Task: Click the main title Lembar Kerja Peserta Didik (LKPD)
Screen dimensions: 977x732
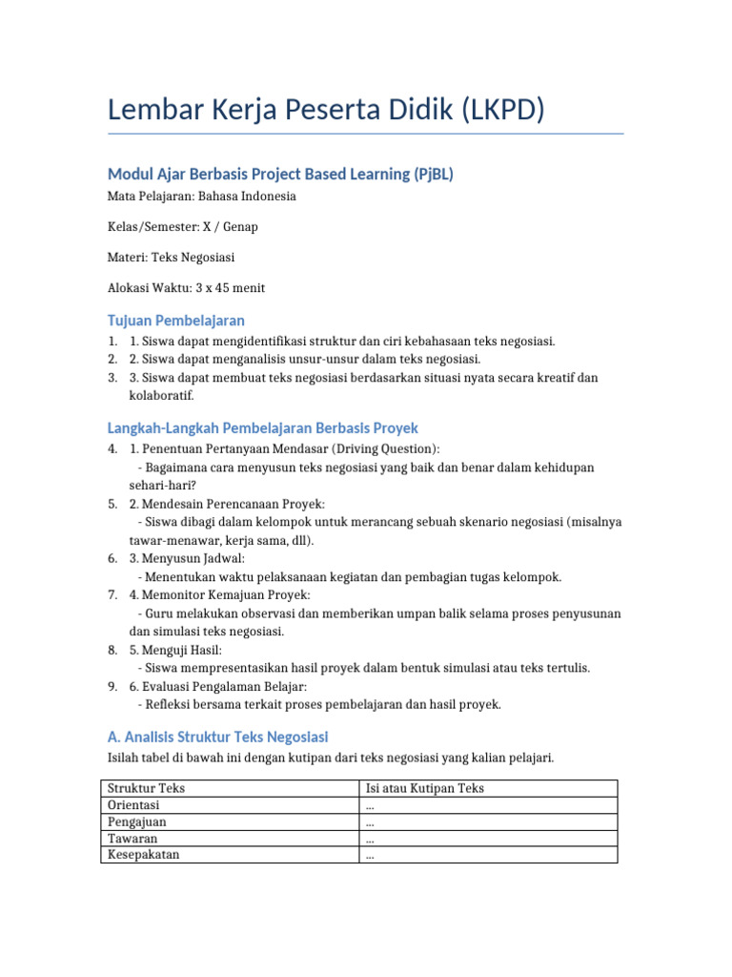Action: tap(326, 111)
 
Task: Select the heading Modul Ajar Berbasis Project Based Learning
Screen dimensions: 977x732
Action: tap(280, 174)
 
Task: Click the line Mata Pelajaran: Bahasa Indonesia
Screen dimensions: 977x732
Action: tap(201, 197)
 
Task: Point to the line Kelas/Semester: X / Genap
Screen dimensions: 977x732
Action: tap(183, 227)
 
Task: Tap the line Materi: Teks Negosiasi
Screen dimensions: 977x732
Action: tap(172, 258)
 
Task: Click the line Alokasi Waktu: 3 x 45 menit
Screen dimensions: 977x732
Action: tap(187, 288)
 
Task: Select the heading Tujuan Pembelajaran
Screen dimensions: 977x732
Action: tap(176, 320)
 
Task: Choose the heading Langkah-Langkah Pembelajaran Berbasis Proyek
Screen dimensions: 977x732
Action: tap(263, 428)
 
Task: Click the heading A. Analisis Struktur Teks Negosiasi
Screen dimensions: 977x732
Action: tap(218, 737)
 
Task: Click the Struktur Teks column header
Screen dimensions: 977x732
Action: tap(147, 788)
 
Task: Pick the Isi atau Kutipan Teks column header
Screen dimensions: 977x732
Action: tap(425, 788)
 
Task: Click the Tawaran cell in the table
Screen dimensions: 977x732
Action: tap(132, 839)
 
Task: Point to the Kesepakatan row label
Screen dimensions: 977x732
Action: tap(144, 855)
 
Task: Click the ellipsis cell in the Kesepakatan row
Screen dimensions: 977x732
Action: tap(370, 856)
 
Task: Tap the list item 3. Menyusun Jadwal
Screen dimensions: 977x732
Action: tap(187, 558)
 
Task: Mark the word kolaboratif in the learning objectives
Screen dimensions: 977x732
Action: tap(161, 395)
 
